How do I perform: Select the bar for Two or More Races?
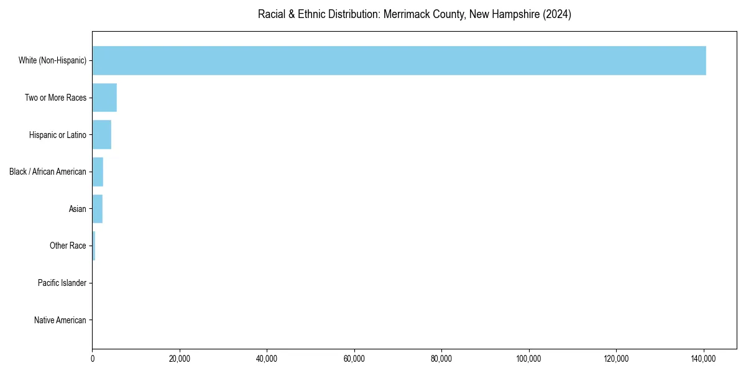coord(104,98)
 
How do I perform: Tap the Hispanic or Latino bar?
coord(102,135)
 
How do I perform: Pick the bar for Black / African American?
coord(98,172)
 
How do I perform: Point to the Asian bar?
coord(98,209)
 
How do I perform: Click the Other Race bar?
coord(94,246)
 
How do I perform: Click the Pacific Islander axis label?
coord(62,283)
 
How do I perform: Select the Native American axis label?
coord(60,321)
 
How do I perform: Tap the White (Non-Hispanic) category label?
coord(52,61)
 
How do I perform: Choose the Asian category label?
coord(77,210)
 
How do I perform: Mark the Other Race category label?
coord(68,246)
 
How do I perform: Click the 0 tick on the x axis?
coord(93,359)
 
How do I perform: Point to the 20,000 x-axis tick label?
coord(180,359)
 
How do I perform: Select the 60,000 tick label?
coord(354,359)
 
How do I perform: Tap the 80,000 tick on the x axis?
coord(441,359)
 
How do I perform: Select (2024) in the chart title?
coord(557,14)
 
